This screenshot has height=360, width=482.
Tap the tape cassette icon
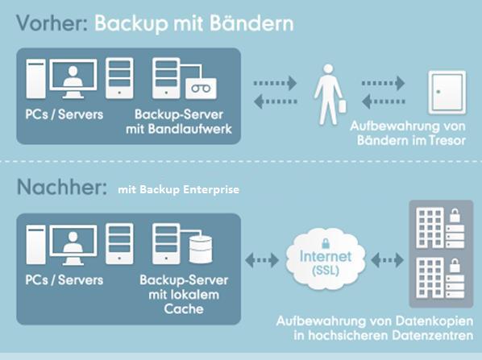201,89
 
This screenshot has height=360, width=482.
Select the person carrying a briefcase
330,94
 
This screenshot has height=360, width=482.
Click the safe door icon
447,92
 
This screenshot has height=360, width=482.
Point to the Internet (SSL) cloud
326,259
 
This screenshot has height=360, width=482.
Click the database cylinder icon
201,250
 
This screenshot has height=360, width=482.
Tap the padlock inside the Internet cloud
326,243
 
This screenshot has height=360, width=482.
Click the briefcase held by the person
342,106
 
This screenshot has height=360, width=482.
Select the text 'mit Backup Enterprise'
179,189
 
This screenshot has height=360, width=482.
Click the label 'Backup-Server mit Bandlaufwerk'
179,122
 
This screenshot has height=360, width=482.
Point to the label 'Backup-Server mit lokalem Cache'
184,295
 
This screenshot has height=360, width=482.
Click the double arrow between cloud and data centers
388,260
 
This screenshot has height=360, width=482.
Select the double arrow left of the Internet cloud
262,260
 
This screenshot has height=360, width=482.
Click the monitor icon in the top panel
73,79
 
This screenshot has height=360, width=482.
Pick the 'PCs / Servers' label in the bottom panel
64,280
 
